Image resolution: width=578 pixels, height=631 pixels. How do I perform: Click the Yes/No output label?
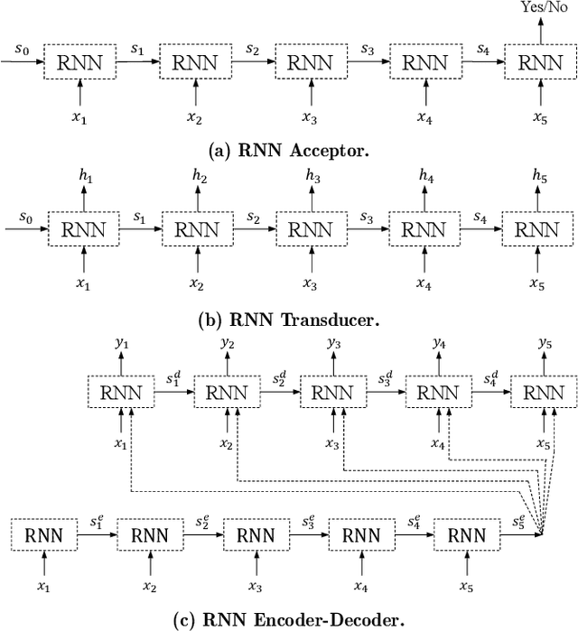pos(540,7)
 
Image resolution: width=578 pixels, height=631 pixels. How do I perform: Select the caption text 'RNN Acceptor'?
pos(288,150)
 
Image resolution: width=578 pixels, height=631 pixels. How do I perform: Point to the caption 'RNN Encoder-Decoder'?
pos(288,618)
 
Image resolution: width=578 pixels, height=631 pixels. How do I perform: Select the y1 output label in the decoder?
pos(122,343)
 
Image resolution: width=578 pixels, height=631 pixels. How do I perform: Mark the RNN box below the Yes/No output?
pos(539,63)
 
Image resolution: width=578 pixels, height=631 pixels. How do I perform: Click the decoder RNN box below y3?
pos(333,394)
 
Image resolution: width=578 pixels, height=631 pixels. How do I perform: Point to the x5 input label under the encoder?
pos(466,587)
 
